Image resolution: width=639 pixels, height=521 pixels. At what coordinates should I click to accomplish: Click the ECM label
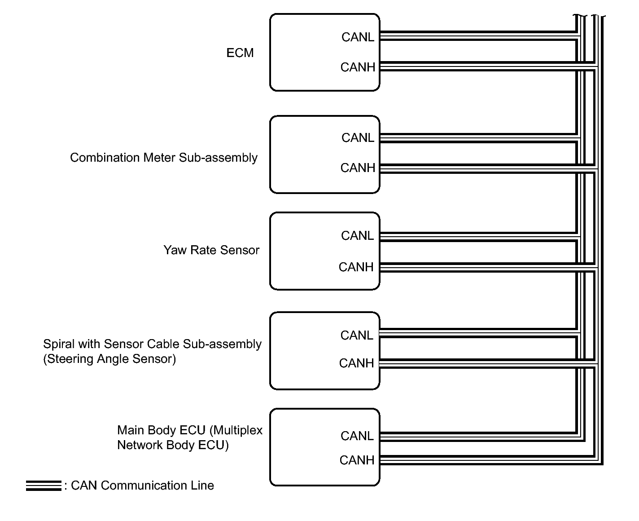(240, 53)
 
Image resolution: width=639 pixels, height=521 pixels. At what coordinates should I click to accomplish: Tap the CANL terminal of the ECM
(358, 37)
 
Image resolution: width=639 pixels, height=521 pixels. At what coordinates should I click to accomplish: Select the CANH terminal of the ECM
(358, 67)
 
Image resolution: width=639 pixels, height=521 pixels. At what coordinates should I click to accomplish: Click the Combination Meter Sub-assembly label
(163, 158)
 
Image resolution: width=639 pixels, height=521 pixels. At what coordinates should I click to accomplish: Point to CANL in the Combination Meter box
(358, 138)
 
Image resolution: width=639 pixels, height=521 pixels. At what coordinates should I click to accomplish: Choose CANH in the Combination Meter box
(358, 168)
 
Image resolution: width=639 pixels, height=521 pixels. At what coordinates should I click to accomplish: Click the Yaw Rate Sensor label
(211, 250)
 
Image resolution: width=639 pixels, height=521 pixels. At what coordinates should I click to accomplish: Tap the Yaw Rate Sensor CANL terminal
(357, 236)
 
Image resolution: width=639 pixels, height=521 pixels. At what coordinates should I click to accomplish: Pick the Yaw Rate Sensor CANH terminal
(356, 267)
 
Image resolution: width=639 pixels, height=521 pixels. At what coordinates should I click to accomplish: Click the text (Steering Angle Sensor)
(109, 359)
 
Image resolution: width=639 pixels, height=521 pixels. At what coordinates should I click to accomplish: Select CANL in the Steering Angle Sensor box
(357, 336)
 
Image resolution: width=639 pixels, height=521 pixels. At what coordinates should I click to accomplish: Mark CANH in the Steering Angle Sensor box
(356, 363)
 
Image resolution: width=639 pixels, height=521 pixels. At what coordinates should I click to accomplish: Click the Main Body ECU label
(190, 437)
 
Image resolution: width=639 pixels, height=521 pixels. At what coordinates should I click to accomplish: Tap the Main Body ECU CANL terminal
(357, 436)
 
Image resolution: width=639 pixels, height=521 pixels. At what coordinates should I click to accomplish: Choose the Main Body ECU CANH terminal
(357, 460)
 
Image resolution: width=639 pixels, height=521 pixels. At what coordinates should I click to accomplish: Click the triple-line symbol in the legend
(44, 486)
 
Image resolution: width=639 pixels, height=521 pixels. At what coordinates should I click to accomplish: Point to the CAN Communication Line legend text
(142, 486)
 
